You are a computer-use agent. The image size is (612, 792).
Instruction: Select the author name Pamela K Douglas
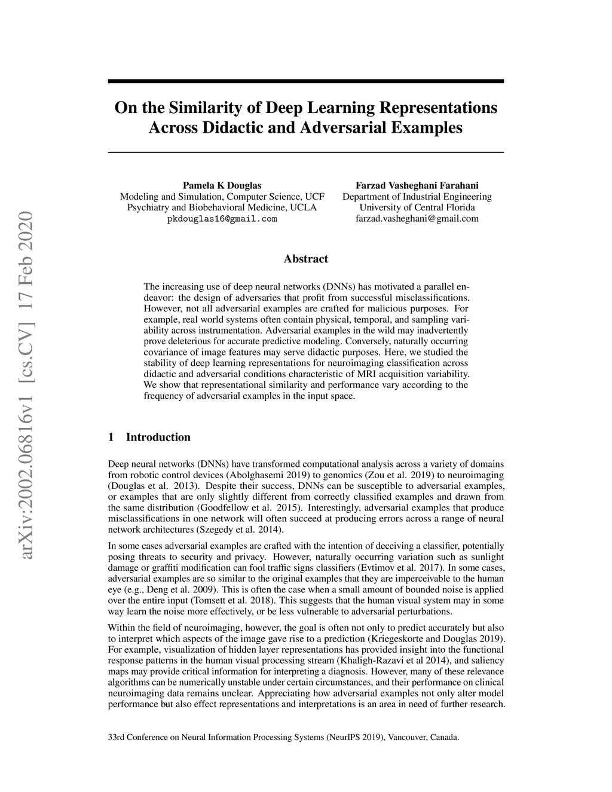coord(222,185)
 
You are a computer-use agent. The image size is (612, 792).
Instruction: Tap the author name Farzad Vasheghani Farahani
coord(417,185)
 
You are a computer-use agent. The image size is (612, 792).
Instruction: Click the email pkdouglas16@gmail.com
coord(222,219)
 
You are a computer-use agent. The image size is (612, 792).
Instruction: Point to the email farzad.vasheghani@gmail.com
coord(417,219)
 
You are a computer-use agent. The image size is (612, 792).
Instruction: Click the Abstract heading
coord(305,259)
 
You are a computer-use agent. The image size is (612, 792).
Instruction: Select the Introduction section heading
coord(158,437)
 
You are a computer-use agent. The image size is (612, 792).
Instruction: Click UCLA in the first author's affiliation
coord(304,208)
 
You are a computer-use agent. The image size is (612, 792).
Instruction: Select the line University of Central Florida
coord(417,208)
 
